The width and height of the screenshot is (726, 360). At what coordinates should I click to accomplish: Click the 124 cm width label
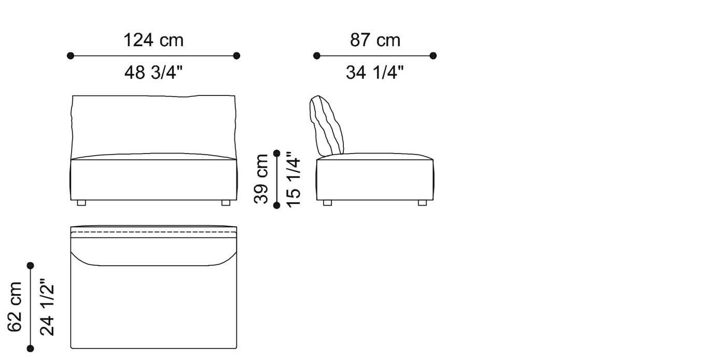point(153,40)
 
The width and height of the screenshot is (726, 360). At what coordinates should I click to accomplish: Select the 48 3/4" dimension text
point(153,73)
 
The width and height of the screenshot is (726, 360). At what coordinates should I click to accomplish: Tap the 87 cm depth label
point(375,40)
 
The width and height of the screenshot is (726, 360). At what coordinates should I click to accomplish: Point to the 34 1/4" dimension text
point(375,73)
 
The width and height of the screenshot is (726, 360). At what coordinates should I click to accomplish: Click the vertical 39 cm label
point(262,179)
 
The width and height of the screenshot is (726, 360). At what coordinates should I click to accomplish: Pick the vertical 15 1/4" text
point(293,179)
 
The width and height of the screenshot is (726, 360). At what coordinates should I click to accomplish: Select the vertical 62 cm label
point(15,307)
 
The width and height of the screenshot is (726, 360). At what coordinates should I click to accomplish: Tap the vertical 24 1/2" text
point(47,307)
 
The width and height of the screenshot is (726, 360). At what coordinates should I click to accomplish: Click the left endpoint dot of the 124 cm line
point(71,56)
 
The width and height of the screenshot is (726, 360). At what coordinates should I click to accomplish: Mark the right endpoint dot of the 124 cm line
point(237,56)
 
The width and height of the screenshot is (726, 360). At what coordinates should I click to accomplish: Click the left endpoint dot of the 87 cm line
point(317,56)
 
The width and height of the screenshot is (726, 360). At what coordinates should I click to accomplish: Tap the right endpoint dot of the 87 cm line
point(434,56)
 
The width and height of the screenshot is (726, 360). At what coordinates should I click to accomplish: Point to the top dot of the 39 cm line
point(277,153)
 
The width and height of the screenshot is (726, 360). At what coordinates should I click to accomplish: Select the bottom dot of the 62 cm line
point(31,349)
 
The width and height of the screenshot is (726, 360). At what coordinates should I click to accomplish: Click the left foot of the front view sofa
point(81,203)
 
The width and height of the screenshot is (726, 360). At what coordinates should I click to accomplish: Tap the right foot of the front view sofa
point(226,203)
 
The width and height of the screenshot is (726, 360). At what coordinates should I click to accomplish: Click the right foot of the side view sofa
point(422,203)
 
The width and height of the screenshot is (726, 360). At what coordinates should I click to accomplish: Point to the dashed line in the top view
point(153,232)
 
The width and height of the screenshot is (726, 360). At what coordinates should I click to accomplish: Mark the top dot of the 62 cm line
point(31,266)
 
